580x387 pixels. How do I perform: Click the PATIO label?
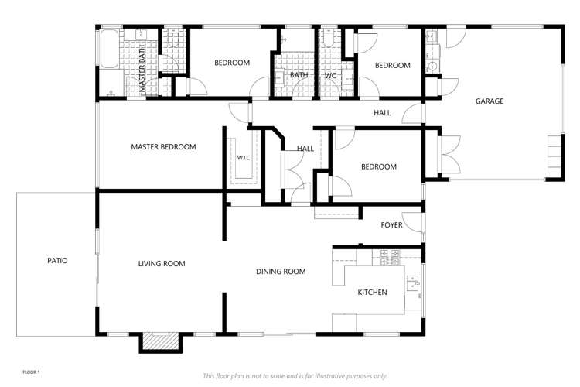[x=57, y=261]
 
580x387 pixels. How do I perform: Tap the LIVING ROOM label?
[x=162, y=264]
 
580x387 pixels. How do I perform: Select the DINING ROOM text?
[x=281, y=272]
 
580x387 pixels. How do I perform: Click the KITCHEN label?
[x=372, y=293]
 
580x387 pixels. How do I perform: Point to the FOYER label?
[x=392, y=224]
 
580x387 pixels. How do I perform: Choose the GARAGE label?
[x=490, y=101]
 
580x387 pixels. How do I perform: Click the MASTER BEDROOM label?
[x=163, y=146]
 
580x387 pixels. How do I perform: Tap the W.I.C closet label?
[x=244, y=158]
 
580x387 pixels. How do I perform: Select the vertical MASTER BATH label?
[x=142, y=68]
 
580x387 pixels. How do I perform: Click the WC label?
[x=330, y=76]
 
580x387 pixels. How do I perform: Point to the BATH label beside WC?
[x=299, y=75]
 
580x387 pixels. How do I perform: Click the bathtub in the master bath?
[x=109, y=50]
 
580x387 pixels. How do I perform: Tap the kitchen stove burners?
[x=390, y=258]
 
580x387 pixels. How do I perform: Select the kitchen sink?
[x=413, y=284]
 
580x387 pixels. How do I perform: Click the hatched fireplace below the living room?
[x=161, y=341]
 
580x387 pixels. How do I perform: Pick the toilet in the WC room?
[x=329, y=38]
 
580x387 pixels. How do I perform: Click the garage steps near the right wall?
[x=554, y=156]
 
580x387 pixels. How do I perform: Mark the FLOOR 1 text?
[x=31, y=372]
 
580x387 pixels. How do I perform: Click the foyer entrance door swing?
[x=411, y=222]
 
